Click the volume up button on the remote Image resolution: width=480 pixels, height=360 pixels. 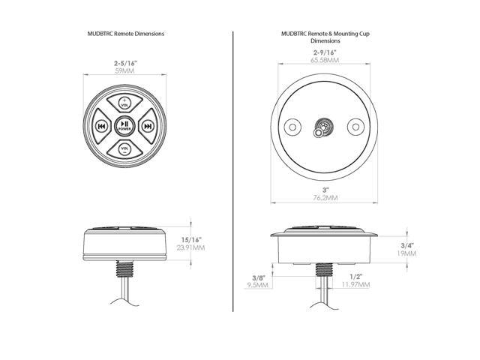pos(124,102)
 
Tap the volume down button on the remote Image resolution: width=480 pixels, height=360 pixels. pos(124,150)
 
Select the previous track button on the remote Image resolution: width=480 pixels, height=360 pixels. pos(101,126)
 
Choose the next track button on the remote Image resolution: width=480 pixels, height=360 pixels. pos(148,126)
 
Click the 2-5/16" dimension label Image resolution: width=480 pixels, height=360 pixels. pos(125,63)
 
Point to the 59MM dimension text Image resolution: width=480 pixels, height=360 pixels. pos(124,71)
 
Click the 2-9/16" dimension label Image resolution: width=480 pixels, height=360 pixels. pos(325,52)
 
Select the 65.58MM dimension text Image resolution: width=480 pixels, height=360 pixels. pos(325,60)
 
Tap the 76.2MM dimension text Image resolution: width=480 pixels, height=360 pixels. pos(325,198)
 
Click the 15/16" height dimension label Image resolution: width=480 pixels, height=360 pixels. pos(191,240)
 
